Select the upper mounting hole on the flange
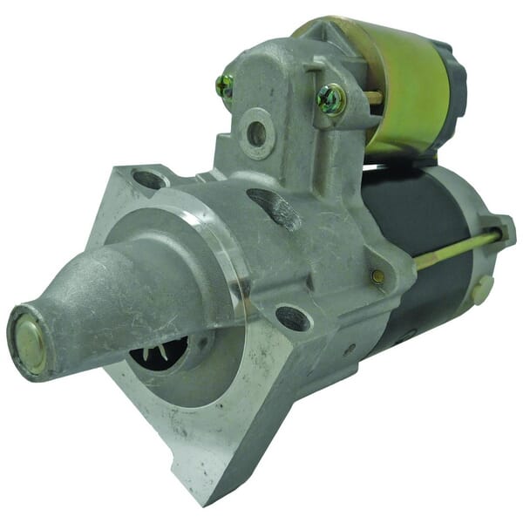click(x=149, y=180)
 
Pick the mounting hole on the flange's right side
click(x=294, y=318)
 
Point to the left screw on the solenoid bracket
click(x=225, y=85)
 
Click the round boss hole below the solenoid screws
click(x=256, y=133)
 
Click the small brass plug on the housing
click(x=377, y=276)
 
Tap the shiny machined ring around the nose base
click(x=228, y=261)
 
